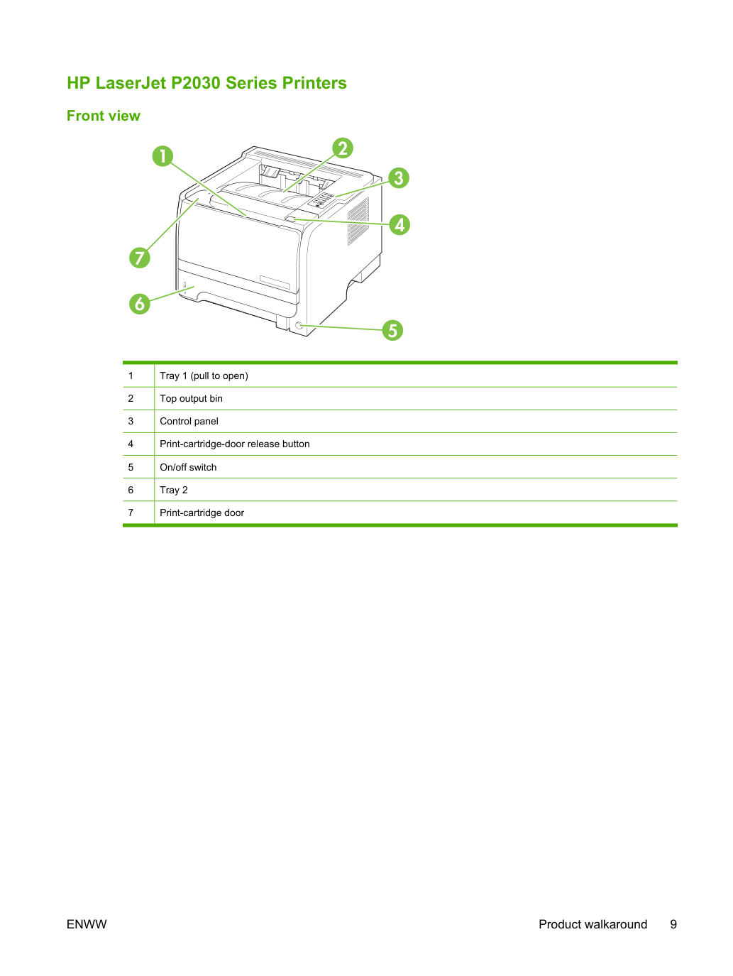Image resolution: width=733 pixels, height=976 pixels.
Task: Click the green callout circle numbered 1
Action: click(x=162, y=156)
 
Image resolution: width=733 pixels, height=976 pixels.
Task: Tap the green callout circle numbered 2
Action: click(x=343, y=148)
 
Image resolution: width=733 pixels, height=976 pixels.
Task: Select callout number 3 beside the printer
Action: click(x=399, y=178)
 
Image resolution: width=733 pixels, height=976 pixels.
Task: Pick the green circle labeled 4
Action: click(x=399, y=224)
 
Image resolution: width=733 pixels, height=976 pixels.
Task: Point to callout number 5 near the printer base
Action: click(x=392, y=330)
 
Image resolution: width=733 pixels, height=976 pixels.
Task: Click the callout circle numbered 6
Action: click(x=140, y=304)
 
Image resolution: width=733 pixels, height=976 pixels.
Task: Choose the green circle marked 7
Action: click(x=140, y=258)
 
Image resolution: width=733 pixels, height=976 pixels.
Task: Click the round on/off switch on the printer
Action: click(x=299, y=326)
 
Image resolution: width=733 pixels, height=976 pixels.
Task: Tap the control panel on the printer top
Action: click(x=322, y=200)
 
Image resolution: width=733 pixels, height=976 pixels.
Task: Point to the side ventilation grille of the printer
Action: click(x=358, y=221)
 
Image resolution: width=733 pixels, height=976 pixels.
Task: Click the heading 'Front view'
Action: click(x=104, y=116)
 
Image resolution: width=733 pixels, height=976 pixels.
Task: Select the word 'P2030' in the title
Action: click(x=196, y=83)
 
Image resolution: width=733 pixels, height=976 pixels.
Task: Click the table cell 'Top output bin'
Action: click(x=191, y=398)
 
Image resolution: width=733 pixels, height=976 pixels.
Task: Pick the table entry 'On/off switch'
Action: click(x=188, y=467)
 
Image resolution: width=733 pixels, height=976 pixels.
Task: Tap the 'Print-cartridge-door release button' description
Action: click(x=235, y=444)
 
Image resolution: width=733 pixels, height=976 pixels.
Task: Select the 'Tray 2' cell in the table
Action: click(x=174, y=490)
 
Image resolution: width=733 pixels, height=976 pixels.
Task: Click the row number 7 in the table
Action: click(x=131, y=512)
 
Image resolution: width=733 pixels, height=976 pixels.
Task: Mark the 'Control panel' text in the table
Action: click(x=189, y=421)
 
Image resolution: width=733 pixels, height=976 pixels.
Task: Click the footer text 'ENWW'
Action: click(x=87, y=924)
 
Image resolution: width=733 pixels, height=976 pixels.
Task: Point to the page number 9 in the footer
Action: click(x=673, y=924)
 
